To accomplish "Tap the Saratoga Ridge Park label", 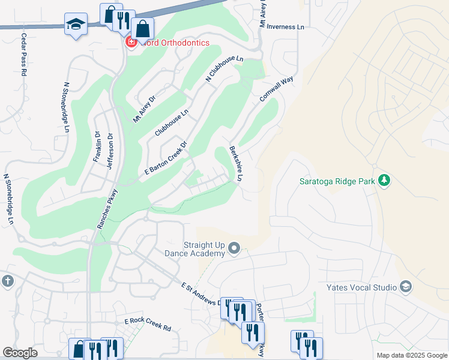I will click(x=337, y=181).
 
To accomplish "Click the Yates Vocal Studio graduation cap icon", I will click(x=406, y=287).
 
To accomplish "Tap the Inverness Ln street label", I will click(x=285, y=27).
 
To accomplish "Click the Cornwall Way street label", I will click(x=276, y=88).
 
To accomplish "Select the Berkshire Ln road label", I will click(x=235, y=164).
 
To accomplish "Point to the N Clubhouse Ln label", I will click(x=224, y=69).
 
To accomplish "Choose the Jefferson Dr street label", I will click(x=110, y=150).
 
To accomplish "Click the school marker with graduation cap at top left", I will click(x=76, y=25).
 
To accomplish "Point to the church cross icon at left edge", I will click(x=7, y=281).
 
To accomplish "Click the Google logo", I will click(x=20, y=353).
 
